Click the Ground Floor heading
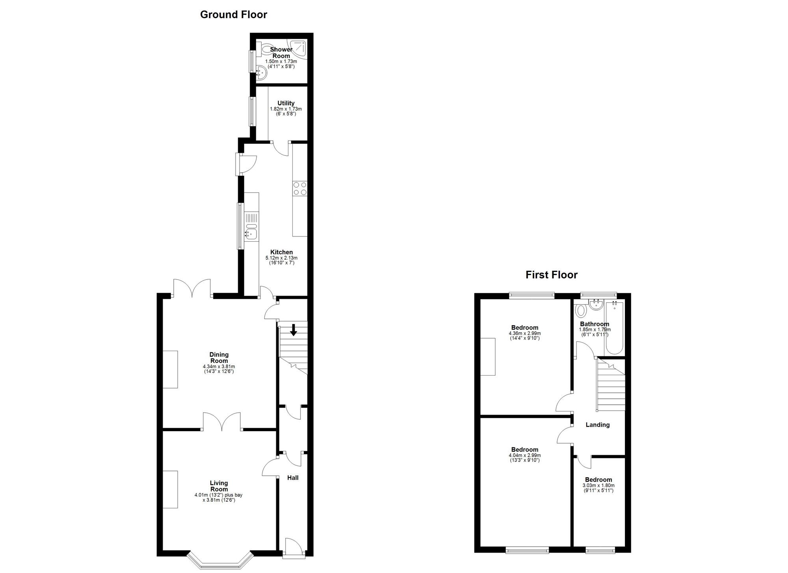click(233, 15)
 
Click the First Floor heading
click(551, 275)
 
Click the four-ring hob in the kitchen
click(300, 188)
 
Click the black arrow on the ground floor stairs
click(293, 329)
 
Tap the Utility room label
click(286, 103)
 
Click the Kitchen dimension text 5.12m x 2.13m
click(281, 258)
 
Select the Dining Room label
click(219, 357)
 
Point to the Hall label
click(292, 478)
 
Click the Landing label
click(597, 425)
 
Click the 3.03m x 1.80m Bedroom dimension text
click(598, 486)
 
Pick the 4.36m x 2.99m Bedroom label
click(524, 327)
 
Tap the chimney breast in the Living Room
click(170, 489)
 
